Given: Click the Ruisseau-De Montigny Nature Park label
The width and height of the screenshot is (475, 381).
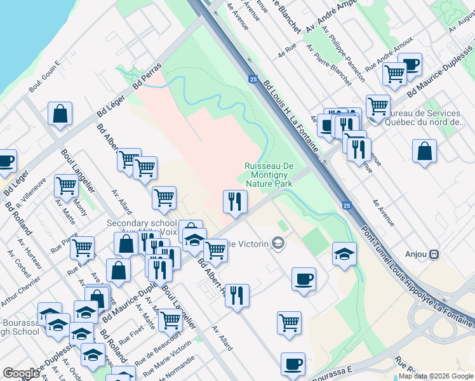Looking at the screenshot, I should tap(269, 175).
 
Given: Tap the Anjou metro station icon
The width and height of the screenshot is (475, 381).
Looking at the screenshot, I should tap(434, 254).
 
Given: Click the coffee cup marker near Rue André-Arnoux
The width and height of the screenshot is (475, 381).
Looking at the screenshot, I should tap(410, 64).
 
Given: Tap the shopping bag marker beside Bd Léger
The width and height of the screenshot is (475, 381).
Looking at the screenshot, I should tap(60, 114).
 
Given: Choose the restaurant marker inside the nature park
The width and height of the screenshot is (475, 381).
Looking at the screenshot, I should tap(235, 201).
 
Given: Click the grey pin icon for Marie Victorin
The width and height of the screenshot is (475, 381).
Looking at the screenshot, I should tap(278, 243).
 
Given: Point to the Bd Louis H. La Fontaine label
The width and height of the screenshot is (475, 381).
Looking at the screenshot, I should tap(290, 115).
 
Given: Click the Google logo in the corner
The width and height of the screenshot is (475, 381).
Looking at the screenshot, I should tap(21, 373).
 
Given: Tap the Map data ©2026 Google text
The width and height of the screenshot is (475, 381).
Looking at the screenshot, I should tap(436, 376).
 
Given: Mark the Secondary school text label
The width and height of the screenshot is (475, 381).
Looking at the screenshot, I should tap(142, 224).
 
